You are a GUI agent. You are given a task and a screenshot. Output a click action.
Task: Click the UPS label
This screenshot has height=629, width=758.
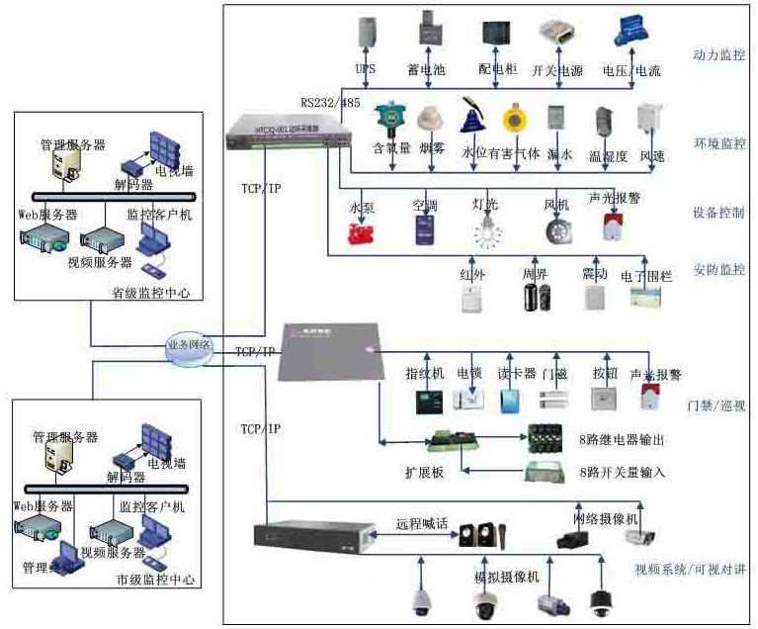[365, 70]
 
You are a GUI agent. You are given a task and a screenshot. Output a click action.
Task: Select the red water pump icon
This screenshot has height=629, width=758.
[364, 233]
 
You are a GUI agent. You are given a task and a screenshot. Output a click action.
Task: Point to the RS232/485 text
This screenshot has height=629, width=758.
[333, 102]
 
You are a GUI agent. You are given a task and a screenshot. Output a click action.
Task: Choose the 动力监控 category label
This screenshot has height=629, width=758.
[719, 55]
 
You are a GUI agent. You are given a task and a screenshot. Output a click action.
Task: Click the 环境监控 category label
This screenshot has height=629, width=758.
[719, 144]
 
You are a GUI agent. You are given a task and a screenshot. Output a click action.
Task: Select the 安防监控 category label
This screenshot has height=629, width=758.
[719, 269]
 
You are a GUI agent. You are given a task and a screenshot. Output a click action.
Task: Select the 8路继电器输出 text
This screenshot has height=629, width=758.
[626, 439]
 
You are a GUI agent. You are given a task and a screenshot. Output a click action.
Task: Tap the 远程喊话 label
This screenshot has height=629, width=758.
[422, 524]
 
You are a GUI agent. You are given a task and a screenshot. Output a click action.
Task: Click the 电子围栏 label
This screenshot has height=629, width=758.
[646, 276]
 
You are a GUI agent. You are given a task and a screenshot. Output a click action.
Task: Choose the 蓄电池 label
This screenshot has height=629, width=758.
[427, 70]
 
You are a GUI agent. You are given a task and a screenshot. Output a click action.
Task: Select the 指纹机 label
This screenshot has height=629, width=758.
[423, 375]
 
